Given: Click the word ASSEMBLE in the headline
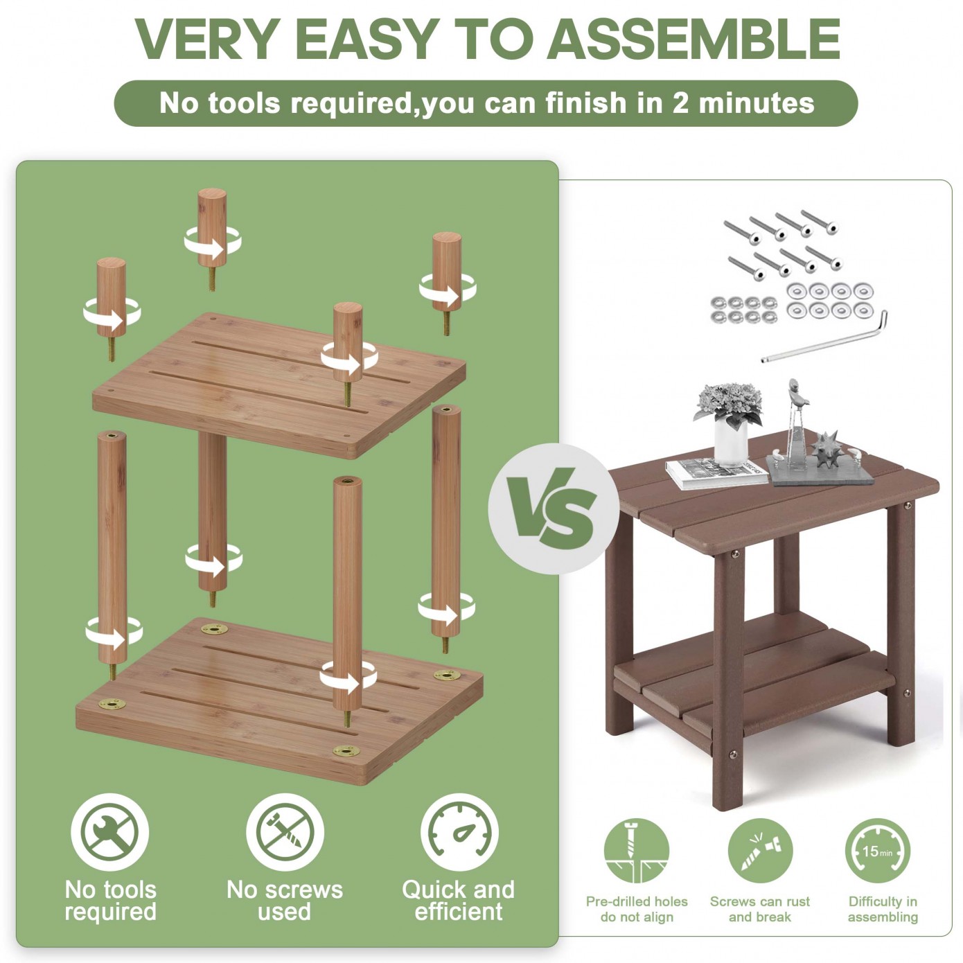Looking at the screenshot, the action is click(x=693, y=39).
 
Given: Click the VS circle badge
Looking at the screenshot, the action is click(x=554, y=509).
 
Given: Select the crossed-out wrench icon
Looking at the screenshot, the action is click(x=109, y=832).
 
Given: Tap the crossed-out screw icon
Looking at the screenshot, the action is click(x=285, y=832).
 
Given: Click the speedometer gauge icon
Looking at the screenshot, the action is click(x=460, y=832).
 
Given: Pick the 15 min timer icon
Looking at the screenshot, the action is click(x=878, y=851).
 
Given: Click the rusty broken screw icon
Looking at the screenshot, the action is click(x=760, y=851).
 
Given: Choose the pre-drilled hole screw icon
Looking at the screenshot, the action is click(x=636, y=851).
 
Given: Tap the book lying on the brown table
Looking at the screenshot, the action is click(x=716, y=472).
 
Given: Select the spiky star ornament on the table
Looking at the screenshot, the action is click(x=826, y=449).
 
